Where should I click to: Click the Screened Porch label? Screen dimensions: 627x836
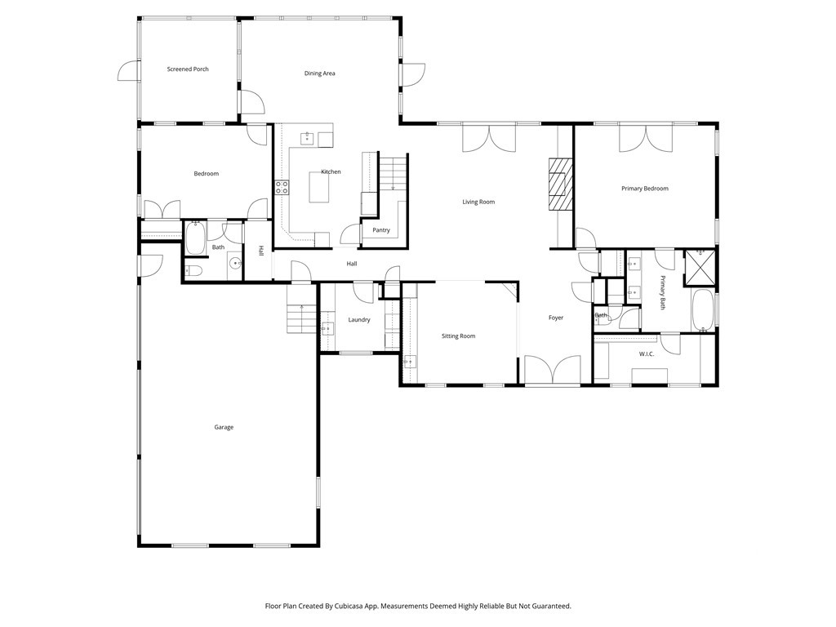[x=188, y=69]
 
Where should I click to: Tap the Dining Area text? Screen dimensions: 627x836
[x=320, y=73]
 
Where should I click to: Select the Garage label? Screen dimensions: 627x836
[x=224, y=427]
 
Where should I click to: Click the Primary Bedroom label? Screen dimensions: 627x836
[x=645, y=189]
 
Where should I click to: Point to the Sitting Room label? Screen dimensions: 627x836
[x=458, y=336]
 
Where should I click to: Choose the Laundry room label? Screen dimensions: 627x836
[x=359, y=320]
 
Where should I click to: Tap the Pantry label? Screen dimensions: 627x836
[x=381, y=230]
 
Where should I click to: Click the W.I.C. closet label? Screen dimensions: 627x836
[x=647, y=354]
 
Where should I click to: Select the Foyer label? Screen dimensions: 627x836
[x=556, y=318]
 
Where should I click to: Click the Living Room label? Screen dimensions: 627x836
[x=478, y=202]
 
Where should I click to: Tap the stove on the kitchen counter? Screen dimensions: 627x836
[x=282, y=187]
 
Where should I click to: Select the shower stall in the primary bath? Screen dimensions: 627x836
[x=700, y=265]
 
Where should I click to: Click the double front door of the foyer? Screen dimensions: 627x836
[x=552, y=370]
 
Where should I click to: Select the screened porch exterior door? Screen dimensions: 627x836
[x=129, y=72]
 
